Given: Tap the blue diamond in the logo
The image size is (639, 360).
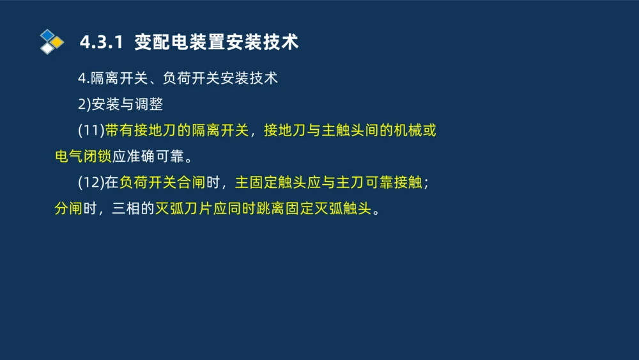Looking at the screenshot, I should click(x=47, y=35).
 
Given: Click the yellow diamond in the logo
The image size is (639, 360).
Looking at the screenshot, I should click(x=57, y=42).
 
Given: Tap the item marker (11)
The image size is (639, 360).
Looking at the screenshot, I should click(x=91, y=131).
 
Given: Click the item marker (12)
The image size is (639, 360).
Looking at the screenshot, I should click(x=91, y=183).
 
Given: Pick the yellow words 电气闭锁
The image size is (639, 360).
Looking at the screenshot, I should click(x=83, y=157).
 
